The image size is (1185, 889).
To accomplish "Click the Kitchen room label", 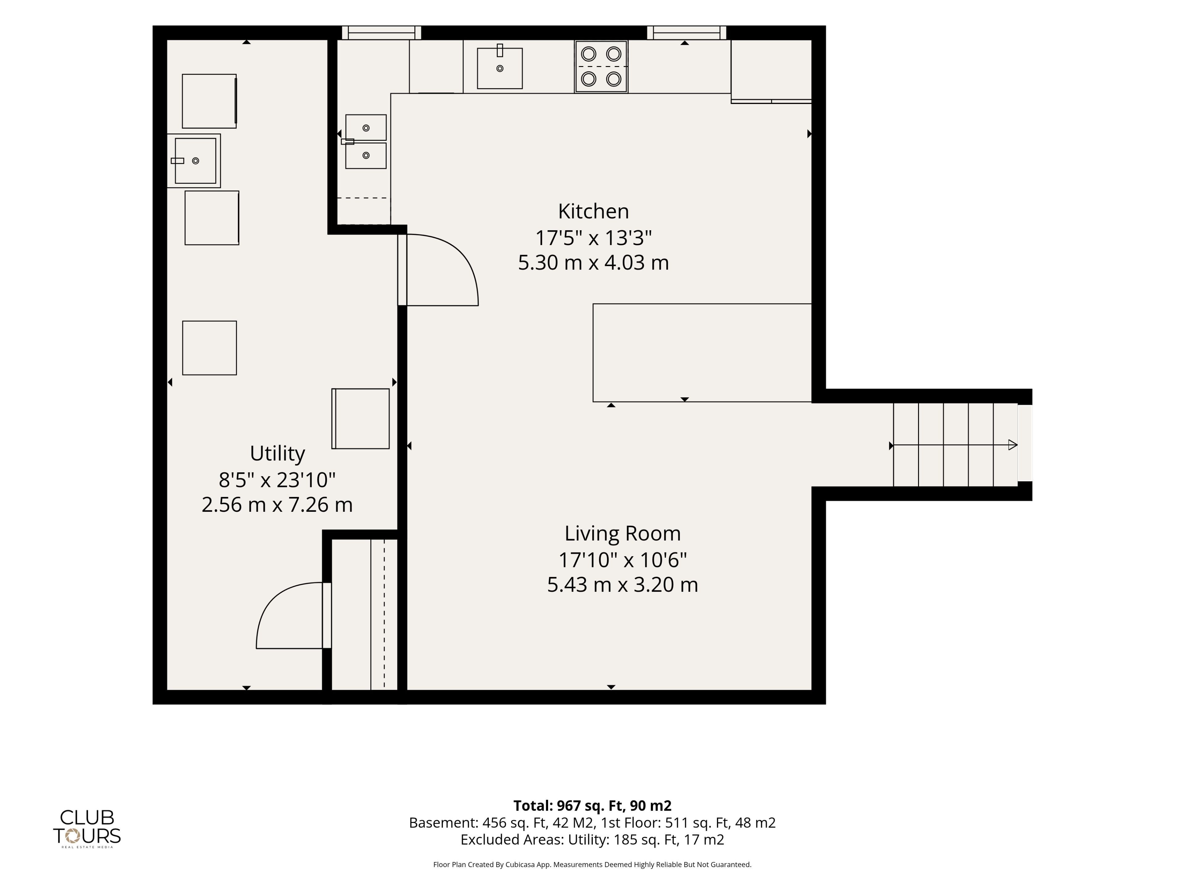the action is tap(593, 212).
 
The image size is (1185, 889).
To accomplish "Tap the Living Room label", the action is tap(622, 534).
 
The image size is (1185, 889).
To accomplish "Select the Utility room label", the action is tap(277, 454).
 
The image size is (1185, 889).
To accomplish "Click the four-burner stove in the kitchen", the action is tap(601, 67).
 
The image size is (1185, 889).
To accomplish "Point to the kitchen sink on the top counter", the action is tap(500, 68).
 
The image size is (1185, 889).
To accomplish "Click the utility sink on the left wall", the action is tap(194, 161).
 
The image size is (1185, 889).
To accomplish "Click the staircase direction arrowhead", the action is tap(1012, 445).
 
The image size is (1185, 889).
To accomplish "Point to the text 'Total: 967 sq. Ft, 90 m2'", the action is tap(592, 805).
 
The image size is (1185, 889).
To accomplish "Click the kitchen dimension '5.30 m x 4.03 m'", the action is tap(593, 263).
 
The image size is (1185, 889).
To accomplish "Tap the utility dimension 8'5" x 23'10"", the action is tap(277, 480).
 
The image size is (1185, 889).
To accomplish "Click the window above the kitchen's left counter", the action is tap(381, 33).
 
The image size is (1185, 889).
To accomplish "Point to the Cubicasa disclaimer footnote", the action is tap(592, 864).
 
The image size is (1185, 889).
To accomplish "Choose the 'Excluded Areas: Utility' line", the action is tap(592, 840).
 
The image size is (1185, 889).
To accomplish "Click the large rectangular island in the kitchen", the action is tap(702, 353).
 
